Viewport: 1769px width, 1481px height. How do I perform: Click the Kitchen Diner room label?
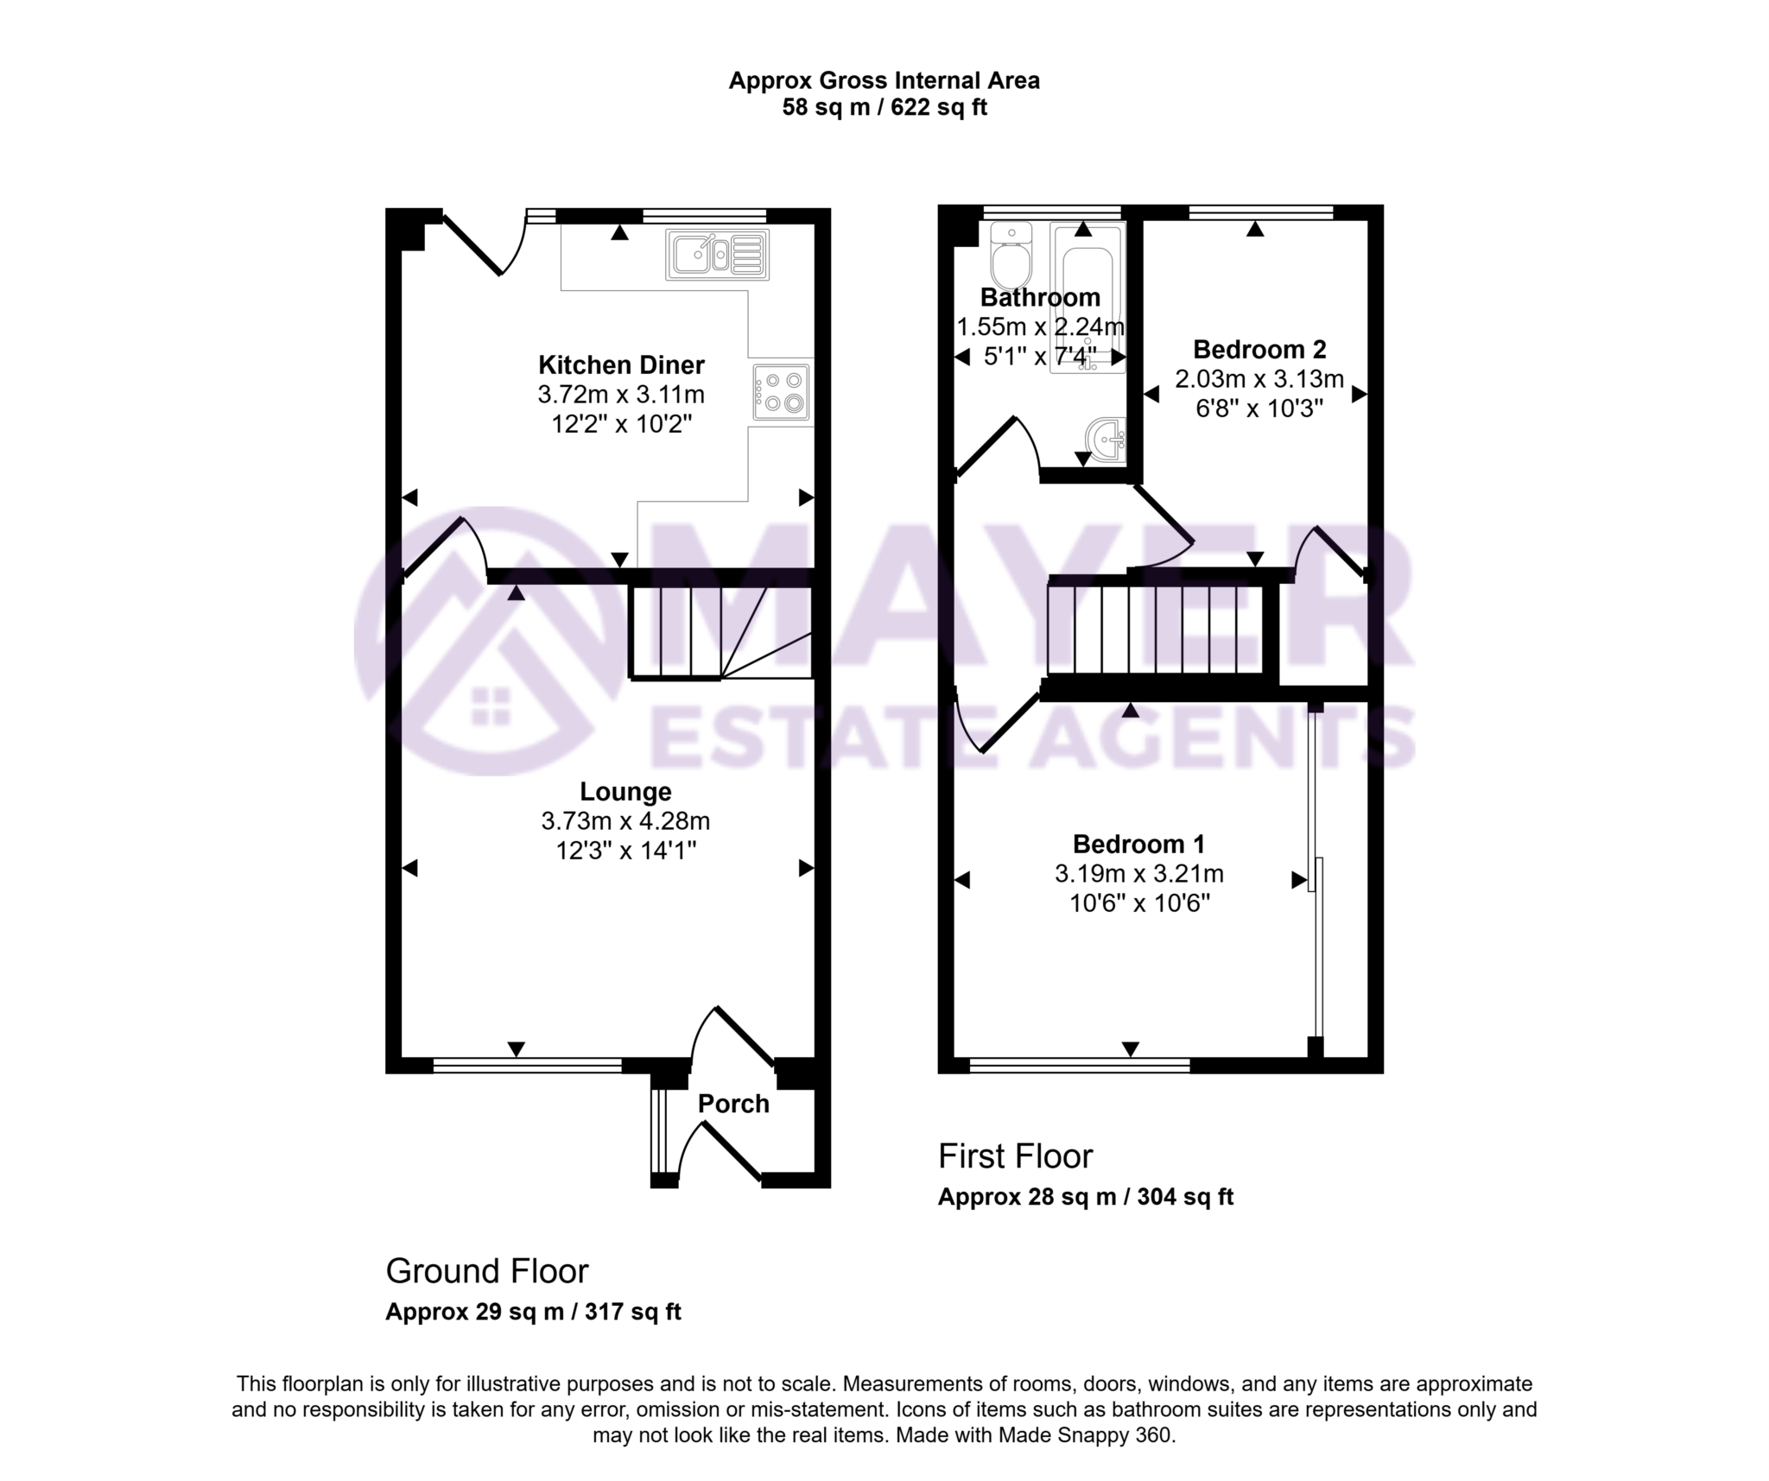click(621, 364)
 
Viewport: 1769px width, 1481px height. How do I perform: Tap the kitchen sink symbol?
click(717, 255)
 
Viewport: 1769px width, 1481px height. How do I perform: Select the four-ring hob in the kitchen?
click(781, 392)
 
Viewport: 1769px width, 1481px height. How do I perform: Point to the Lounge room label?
click(625, 791)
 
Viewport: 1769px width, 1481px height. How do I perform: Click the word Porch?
click(733, 1104)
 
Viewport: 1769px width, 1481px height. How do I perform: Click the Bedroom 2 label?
click(1259, 350)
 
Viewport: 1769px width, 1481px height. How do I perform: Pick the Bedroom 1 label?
click(1138, 844)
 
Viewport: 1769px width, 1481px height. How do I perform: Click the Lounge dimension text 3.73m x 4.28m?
click(625, 820)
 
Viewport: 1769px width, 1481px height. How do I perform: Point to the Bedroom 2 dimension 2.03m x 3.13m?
click(1259, 379)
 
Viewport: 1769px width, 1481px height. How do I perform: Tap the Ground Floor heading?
click(487, 1271)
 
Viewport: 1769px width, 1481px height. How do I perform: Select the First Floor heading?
click(1016, 1156)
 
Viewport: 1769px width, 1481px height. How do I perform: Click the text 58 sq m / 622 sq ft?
click(884, 108)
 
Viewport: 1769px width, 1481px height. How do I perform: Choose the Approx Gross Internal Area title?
click(884, 81)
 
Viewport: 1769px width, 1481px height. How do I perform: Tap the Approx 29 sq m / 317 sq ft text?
click(533, 1312)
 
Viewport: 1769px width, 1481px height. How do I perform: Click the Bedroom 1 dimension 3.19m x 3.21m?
click(1138, 874)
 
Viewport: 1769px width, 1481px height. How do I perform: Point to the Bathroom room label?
click(1040, 298)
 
